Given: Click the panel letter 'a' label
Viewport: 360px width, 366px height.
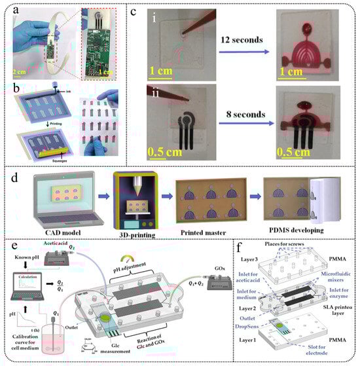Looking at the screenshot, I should coord(9,9).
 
